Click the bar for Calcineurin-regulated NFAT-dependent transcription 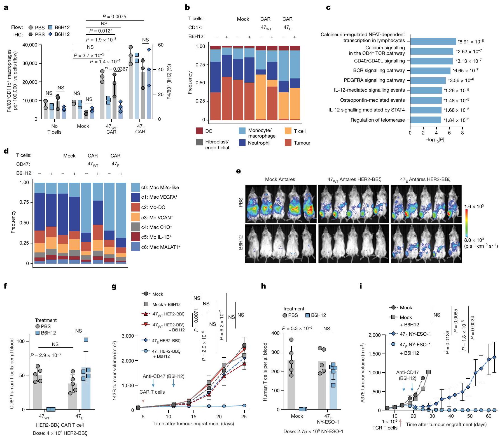click(x=433, y=41)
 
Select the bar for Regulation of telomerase click(x=426, y=120)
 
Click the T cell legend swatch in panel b click(x=288, y=131)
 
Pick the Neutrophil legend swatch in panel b click(x=242, y=143)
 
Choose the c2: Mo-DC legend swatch click(x=136, y=207)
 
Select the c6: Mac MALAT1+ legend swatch click(x=136, y=247)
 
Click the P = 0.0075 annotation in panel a click(x=114, y=17)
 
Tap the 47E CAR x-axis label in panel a click(x=140, y=129)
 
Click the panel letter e click(x=238, y=171)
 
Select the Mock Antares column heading click(x=280, y=179)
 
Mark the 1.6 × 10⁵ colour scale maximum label click(x=474, y=206)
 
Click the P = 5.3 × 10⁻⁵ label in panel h click(x=297, y=328)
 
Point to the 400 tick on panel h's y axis click(x=276, y=333)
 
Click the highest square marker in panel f click(x=86, y=340)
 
